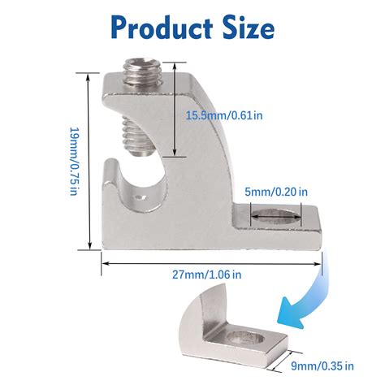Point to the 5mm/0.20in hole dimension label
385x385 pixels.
click(x=277, y=192)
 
